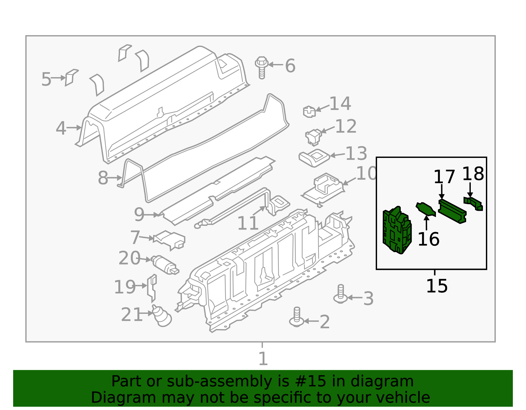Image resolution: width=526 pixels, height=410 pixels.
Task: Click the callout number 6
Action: [x=290, y=66]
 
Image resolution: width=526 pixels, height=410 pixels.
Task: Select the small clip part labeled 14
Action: [x=309, y=112]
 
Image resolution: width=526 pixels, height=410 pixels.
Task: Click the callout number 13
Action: [x=356, y=154]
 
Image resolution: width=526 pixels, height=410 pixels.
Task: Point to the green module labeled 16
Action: [x=426, y=209]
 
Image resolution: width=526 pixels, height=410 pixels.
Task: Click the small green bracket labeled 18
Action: [x=473, y=203]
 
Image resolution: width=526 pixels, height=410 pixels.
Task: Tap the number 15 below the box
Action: [x=437, y=286]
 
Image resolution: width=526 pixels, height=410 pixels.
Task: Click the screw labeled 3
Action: [x=341, y=294]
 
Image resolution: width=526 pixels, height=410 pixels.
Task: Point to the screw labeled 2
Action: [x=297, y=317]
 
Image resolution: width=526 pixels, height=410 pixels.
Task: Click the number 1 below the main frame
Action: [x=263, y=358]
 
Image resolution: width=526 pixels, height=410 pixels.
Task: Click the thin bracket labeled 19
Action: [x=152, y=288]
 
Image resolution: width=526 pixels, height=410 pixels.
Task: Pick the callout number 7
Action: [x=135, y=237]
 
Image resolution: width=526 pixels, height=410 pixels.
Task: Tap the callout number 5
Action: [x=46, y=79]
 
